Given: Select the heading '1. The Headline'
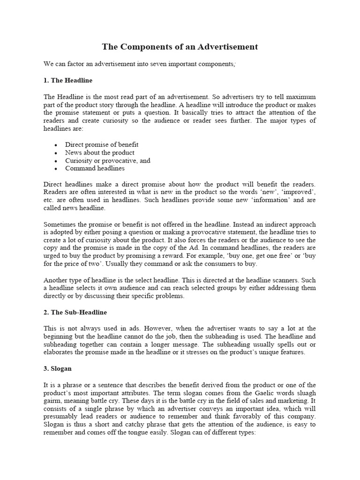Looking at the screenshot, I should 67,80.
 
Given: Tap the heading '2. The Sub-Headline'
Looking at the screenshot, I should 75,312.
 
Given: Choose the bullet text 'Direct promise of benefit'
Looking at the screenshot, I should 102,144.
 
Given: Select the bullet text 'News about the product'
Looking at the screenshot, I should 99,152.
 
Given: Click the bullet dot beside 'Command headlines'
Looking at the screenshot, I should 56,168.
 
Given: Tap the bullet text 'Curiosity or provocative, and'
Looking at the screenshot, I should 107,160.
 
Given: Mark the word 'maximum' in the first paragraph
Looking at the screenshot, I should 300,97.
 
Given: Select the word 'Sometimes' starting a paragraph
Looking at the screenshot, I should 60,224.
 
